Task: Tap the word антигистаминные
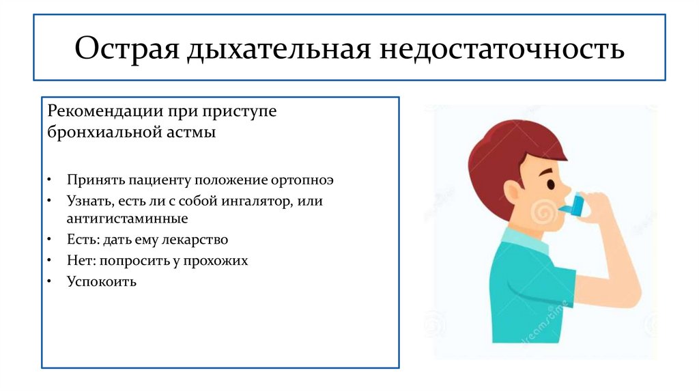(127, 219)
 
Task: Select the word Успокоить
(101, 281)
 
